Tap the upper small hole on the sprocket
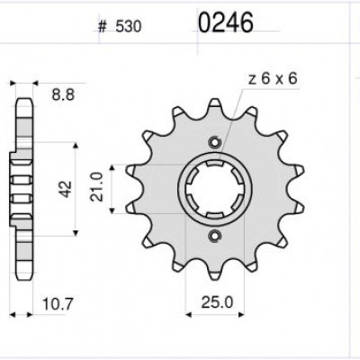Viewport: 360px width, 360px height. tap(214, 142)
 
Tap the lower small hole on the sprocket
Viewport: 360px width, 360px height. tap(214, 237)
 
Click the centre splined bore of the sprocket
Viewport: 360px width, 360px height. tap(214, 189)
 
